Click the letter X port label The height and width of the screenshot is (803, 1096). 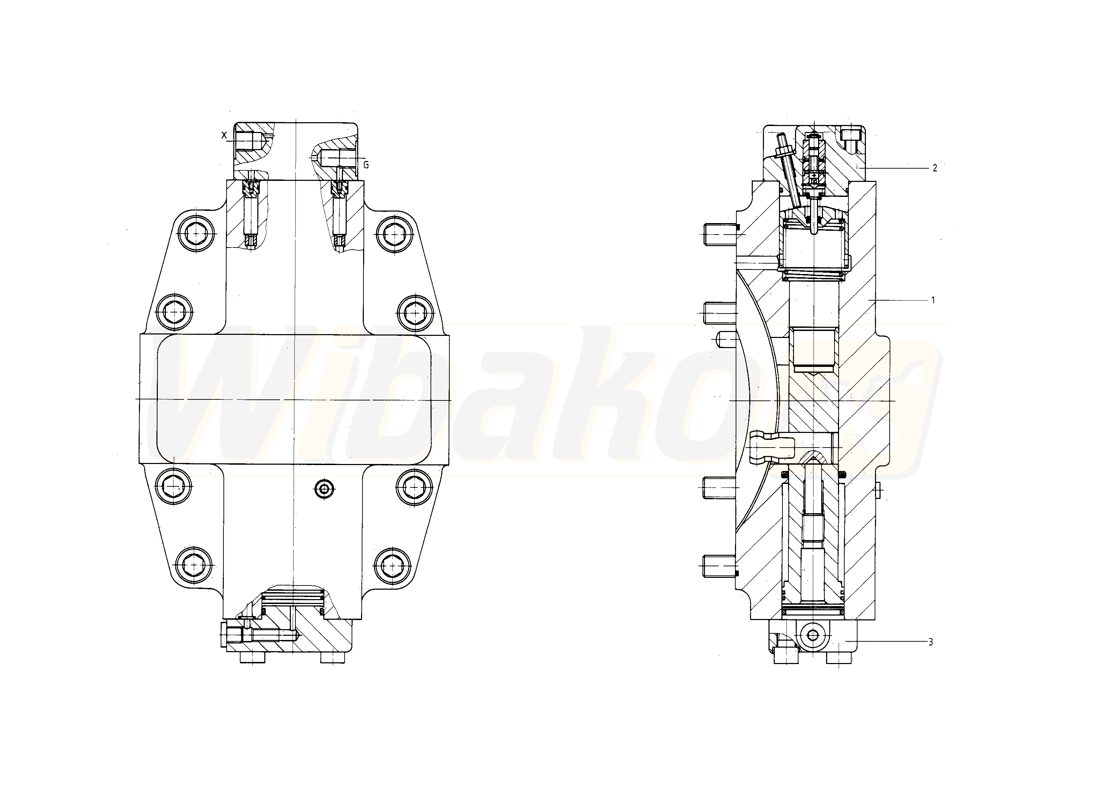(x=224, y=135)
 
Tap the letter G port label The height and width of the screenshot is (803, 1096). (x=366, y=165)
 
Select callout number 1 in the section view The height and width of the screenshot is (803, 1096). (x=933, y=300)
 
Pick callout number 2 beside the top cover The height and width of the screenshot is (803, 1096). (x=934, y=168)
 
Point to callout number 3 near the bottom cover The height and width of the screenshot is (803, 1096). (x=930, y=642)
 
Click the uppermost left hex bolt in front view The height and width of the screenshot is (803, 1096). (x=196, y=234)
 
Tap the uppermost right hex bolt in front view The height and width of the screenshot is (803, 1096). (x=394, y=235)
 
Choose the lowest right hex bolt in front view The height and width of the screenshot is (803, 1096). (x=393, y=565)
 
